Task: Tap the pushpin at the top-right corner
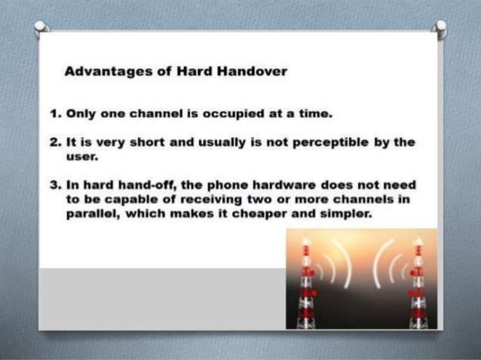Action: (x=441, y=28)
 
